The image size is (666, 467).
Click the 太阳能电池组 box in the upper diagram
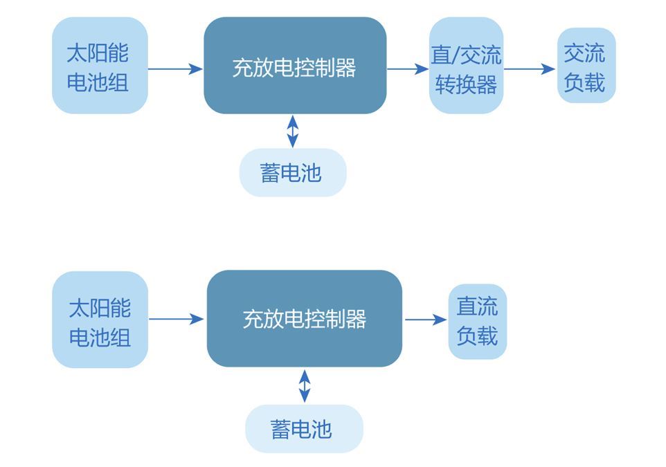click(100, 66)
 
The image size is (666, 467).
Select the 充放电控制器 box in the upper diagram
click(295, 66)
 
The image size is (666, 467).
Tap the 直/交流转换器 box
click(466, 66)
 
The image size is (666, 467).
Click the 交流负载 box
click(586, 66)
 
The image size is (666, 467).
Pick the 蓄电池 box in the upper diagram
click(292, 172)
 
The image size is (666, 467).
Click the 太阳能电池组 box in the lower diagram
click(100, 319)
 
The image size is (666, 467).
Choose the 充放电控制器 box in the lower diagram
click(304, 318)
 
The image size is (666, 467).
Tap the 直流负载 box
click(477, 321)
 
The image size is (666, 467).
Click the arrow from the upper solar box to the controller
click(174, 68)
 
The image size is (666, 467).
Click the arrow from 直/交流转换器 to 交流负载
click(530, 68)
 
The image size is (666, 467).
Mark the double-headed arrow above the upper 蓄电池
click(293, 131)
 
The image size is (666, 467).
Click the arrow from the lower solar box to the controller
click(176, 319)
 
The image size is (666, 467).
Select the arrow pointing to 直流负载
click(425, 320)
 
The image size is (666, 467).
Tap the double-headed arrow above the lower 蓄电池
click(304, 386)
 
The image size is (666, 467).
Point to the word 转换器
click(466, 84)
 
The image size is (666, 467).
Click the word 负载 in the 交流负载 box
click(586, 82)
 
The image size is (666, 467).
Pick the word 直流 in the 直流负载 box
click(477, 306)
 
